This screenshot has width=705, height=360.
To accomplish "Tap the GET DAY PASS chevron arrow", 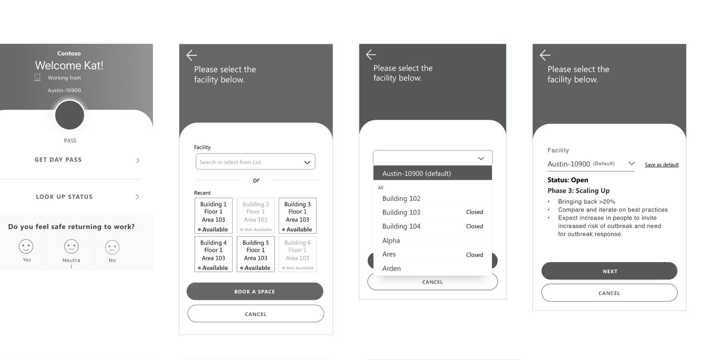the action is (138, 160).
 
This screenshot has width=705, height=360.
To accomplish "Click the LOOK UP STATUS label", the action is (64, 197).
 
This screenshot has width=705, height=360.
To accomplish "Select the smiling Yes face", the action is (26, 246).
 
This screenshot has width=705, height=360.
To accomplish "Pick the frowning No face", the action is (112, 247).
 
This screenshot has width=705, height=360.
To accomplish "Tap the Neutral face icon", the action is (71, 247).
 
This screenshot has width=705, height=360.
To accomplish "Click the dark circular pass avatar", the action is (70, 115).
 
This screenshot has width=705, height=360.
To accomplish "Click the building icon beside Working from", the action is (37, 77).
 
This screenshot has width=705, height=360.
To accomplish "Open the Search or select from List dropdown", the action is (255, 162).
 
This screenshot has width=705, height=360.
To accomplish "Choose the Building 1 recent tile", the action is (213, 216).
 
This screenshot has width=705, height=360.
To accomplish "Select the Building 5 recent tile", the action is (256, 254).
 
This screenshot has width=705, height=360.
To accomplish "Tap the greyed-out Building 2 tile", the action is (256, 216).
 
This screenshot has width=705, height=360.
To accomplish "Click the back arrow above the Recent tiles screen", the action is (191, 55).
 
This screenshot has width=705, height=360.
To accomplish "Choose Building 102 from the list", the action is (401, 198).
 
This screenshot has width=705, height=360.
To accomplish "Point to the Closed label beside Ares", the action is (474, 255).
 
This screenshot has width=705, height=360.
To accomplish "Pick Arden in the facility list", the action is (392, 268).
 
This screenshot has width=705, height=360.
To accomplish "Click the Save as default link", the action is (661, 165).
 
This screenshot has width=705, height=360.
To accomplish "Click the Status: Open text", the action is (568, 180).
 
